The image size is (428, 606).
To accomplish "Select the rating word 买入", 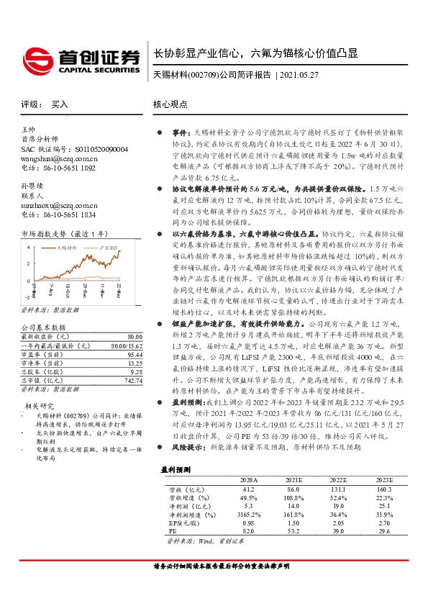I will tap(60, 105).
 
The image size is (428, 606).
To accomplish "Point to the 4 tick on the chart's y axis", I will tap(27, 247).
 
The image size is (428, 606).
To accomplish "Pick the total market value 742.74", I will tap(133, 381).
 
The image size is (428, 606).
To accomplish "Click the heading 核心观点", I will tap(171, 104).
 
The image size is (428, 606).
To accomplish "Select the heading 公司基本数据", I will tap(42, 327).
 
